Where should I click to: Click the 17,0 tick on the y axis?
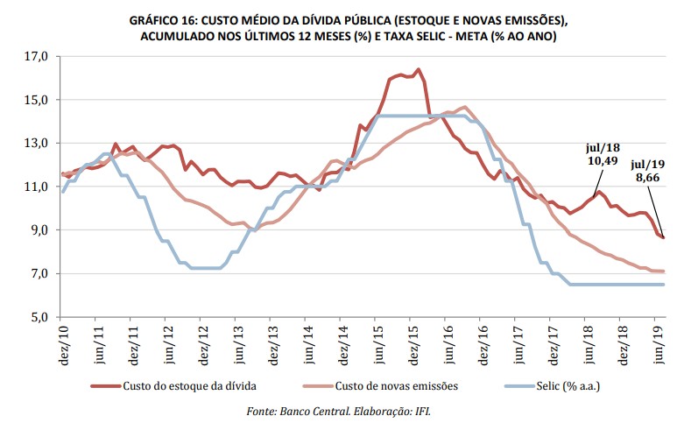coord(35,57)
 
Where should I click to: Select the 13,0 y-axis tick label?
coord(35,144)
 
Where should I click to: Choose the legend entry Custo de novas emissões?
coord(382,384)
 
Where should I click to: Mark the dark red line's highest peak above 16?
coord(419,69)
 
